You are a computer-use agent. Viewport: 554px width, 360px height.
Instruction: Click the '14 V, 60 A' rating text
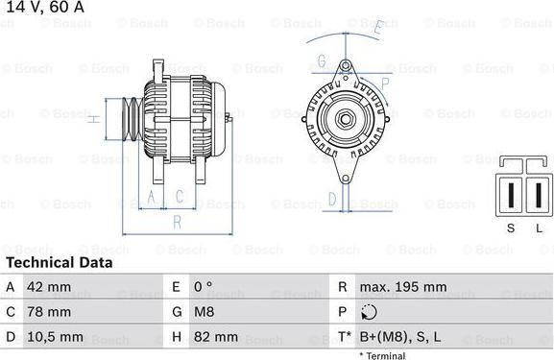click(x=43, y=8)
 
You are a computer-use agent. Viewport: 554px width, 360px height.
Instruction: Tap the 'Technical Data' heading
click(x=60, y=262)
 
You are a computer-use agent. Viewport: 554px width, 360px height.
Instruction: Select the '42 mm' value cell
click(x=50, y=287)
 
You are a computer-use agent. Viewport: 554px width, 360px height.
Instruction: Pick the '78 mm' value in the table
click(x=50, y=312)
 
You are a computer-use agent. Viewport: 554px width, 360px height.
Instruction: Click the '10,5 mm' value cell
click(x=56, y=337)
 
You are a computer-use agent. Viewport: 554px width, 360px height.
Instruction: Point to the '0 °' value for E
click(x=205, y=287)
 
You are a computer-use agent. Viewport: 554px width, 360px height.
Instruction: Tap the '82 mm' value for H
click(x=216, y=337)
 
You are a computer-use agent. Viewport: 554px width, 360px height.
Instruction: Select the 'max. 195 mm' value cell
click(x=403, y=287)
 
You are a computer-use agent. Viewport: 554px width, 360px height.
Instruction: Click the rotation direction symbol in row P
click(x=371, y=312)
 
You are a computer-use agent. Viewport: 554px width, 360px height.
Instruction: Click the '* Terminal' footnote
click(x=382, y=355)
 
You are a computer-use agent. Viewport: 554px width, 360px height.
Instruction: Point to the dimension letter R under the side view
click(x=178, y=222)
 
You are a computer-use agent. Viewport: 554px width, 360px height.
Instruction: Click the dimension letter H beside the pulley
click(x=93, y=120)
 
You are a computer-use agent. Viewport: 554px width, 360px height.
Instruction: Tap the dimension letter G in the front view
click(x=322, y=60)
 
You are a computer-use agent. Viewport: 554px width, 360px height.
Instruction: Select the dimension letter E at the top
click(x=378, y=28)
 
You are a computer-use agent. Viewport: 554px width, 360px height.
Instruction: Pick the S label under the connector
click(x=511, y=227)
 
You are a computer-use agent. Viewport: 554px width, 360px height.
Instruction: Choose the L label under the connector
click(x=539, y=227)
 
